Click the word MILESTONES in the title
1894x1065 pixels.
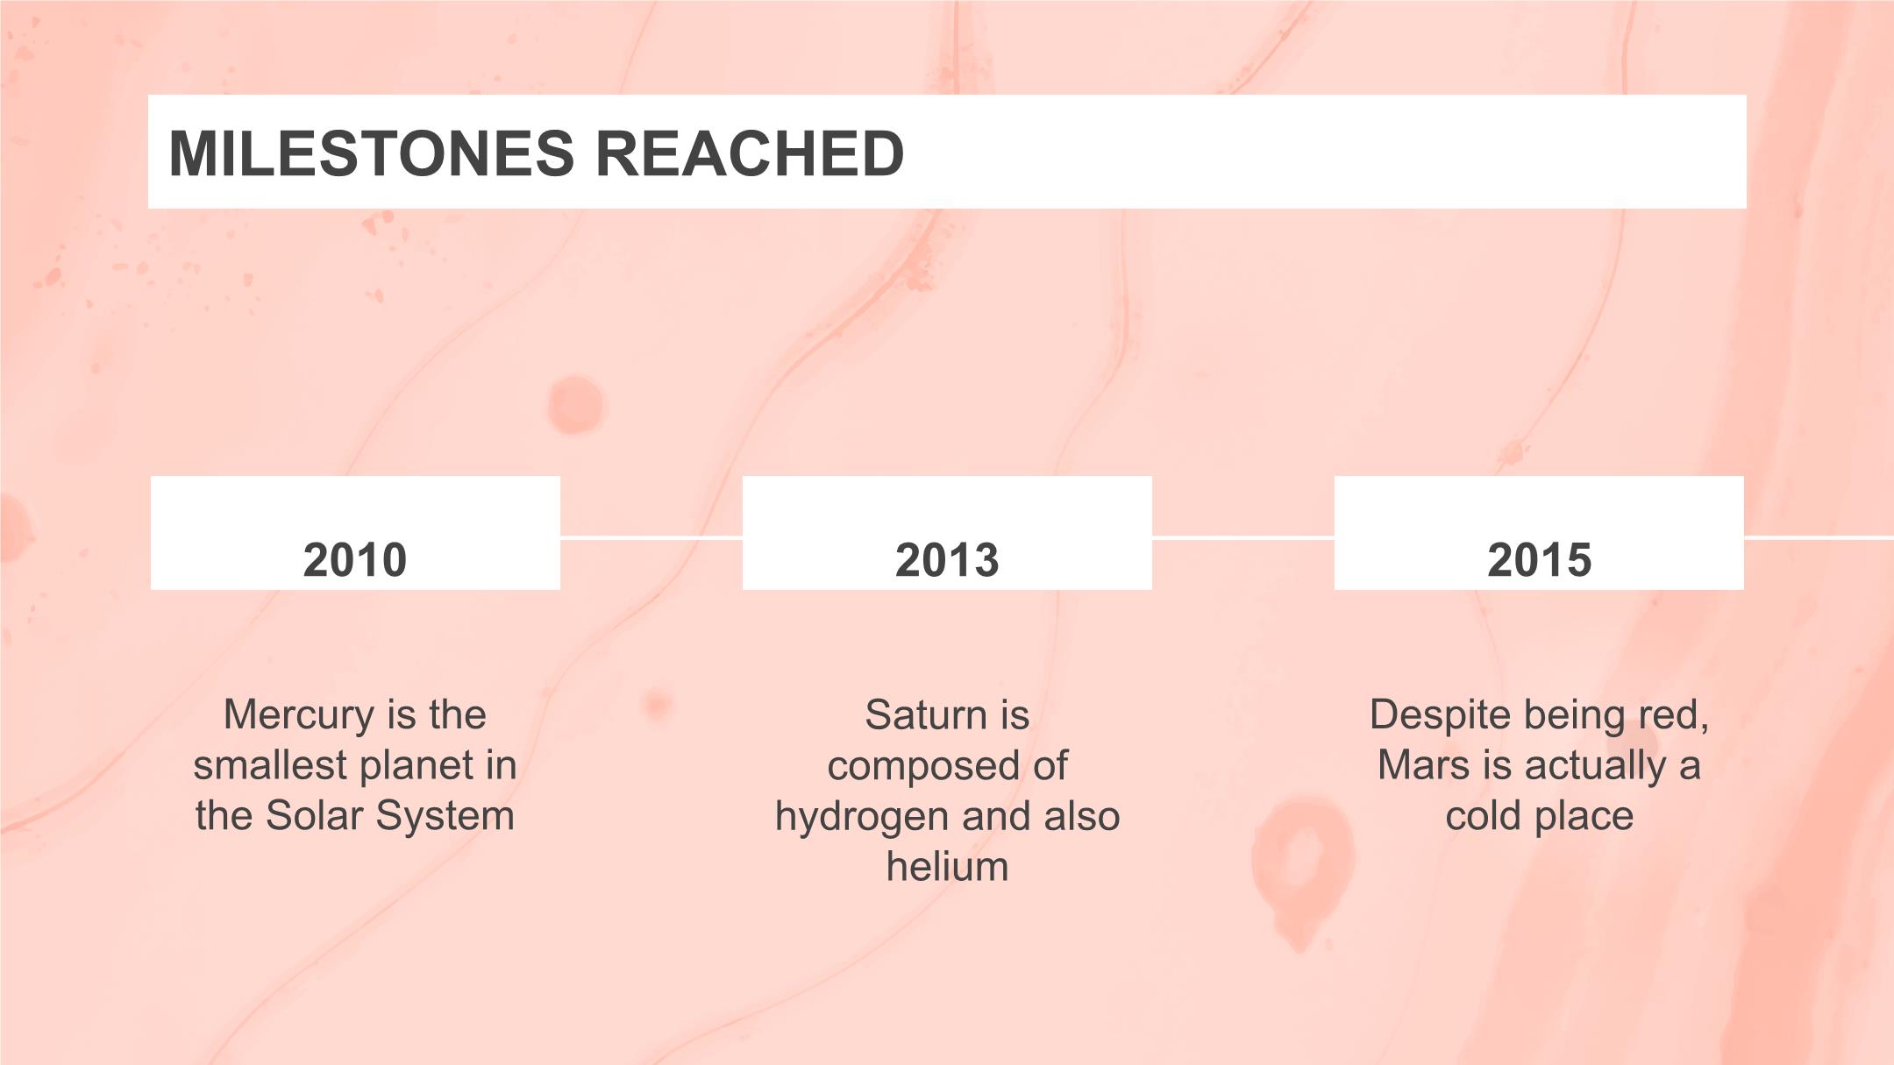[372, 153]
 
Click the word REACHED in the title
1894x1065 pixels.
[750, 153]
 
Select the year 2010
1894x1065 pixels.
[355, 559]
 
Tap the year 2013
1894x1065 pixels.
[947, 559]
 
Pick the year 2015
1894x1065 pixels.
[1539, 559]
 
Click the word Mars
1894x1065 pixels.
[1421, 765]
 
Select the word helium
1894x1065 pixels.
[947, 867]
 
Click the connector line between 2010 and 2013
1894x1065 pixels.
[652, 537]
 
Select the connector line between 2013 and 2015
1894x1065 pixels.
[1243, 537]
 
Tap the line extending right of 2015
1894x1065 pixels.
[1819, 537]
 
